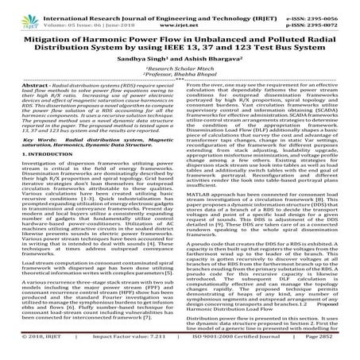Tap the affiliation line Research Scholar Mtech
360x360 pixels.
point(180,73)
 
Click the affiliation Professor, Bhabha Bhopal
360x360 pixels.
point(180,80)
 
